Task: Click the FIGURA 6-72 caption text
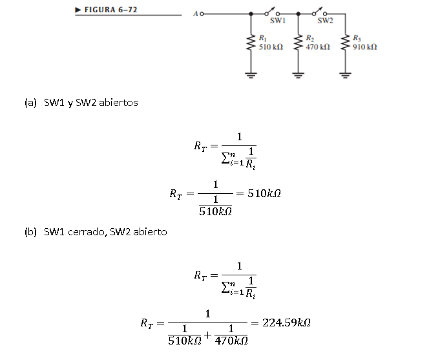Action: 111,10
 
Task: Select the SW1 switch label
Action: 277,21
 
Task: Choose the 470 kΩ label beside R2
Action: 318,47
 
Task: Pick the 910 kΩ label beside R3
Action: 365,47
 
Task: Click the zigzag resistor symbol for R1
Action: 249,44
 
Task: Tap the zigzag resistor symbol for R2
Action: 298,44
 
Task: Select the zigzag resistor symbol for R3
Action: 346,44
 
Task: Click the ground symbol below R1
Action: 249,73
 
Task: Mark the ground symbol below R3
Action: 346,73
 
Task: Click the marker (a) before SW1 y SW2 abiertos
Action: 30,102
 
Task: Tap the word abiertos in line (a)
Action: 118,102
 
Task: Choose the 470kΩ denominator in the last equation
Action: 231,340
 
